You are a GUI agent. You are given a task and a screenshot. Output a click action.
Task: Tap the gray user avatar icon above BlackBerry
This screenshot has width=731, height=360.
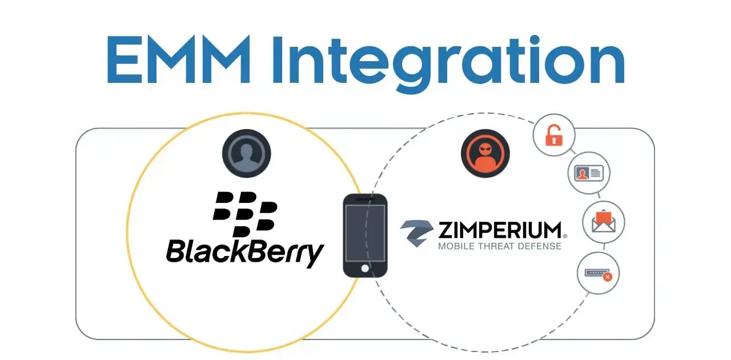pos(246,153)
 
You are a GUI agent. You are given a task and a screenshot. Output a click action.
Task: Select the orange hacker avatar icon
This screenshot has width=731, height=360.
pos(485,153)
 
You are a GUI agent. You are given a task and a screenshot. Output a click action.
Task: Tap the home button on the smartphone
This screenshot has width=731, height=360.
pos(365,268)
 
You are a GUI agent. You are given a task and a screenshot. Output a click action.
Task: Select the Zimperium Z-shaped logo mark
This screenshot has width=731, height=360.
pos(417,231)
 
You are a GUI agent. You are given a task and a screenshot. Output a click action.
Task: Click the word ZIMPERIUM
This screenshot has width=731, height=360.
pos(500,230)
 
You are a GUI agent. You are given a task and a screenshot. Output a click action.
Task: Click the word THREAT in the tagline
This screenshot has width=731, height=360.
pos(500,246)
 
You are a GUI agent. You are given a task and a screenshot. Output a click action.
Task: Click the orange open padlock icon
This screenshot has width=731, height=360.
pos(553,136)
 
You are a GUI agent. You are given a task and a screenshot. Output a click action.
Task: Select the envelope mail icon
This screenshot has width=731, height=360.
pos(603,222)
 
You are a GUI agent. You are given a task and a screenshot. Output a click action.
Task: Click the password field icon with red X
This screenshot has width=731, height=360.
pos(598,273)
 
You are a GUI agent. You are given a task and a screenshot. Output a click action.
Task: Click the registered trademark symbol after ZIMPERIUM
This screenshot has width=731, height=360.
pos(565,235)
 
